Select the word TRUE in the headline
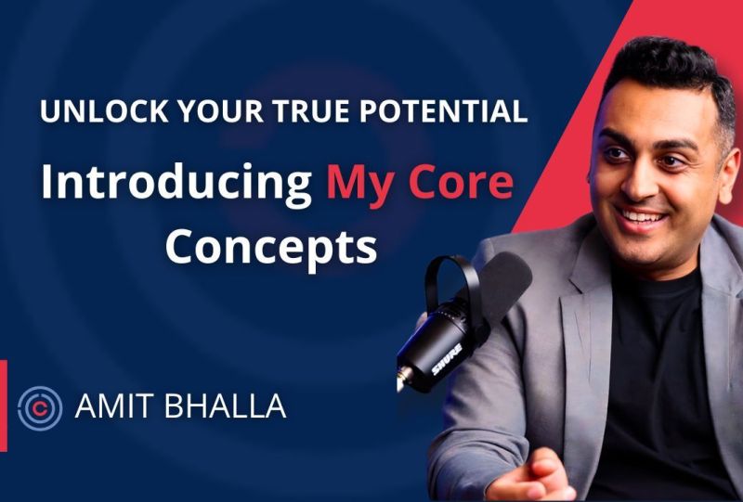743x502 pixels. (294, 111)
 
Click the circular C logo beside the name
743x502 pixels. (40, 407)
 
